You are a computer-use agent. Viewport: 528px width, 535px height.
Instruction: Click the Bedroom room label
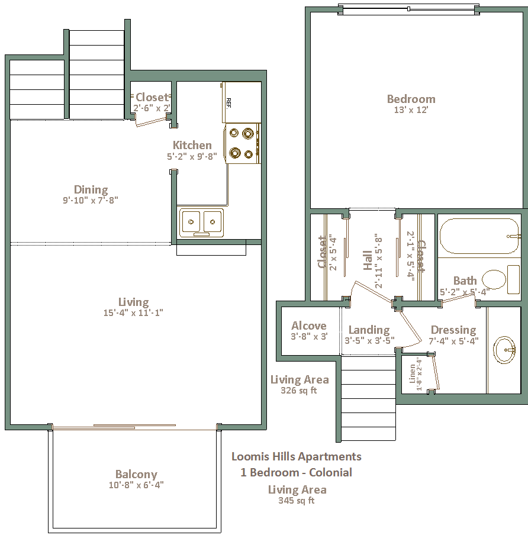click(411, 99)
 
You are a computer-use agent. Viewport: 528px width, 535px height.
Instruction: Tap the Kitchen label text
click(192, 145)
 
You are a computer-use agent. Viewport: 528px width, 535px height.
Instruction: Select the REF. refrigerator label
click(228, 103)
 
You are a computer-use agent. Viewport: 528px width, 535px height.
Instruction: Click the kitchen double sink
click(201, 223)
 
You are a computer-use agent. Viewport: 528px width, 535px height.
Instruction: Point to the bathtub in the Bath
click(479, 236)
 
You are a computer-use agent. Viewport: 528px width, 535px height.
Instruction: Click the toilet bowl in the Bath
click(494, 279)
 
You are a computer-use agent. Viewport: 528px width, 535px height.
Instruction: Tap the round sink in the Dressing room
click(504, 350)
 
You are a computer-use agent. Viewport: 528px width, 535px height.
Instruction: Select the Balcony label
click(136, 474)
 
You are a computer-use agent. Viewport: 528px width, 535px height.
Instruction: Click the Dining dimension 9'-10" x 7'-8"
click(91, 200)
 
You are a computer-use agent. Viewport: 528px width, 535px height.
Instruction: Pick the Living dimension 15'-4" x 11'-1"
click(133, 312)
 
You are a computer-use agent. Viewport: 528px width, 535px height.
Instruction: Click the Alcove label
click(309, 325)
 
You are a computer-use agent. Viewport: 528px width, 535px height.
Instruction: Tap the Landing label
click(369, 330)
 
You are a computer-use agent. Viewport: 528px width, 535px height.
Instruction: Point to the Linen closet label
click(413, 374)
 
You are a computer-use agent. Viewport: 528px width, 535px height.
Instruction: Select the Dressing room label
click(453, 330)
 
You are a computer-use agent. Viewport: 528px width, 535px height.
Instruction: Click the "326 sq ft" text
click(299, 391)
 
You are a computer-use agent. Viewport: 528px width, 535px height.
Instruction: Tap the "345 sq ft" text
click(296, 501)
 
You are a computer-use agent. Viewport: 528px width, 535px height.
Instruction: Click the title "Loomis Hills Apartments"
click(296, 456)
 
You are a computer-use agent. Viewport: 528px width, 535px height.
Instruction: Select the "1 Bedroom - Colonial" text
click(296, 472)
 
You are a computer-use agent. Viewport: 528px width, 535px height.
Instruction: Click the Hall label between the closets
click(368, 260)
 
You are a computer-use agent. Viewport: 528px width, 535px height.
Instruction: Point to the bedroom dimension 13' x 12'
click(411, 110)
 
